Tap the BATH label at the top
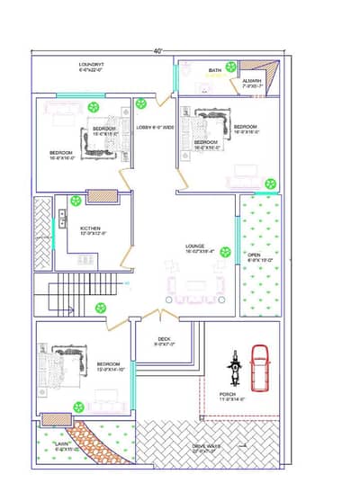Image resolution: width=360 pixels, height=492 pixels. (215, 70)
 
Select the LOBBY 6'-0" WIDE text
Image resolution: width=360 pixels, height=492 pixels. (155, 128)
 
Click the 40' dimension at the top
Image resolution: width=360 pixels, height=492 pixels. (158, 51)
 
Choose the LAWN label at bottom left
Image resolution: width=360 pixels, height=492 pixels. (61, 445)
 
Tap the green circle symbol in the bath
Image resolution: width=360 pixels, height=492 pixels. (231, 67)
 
